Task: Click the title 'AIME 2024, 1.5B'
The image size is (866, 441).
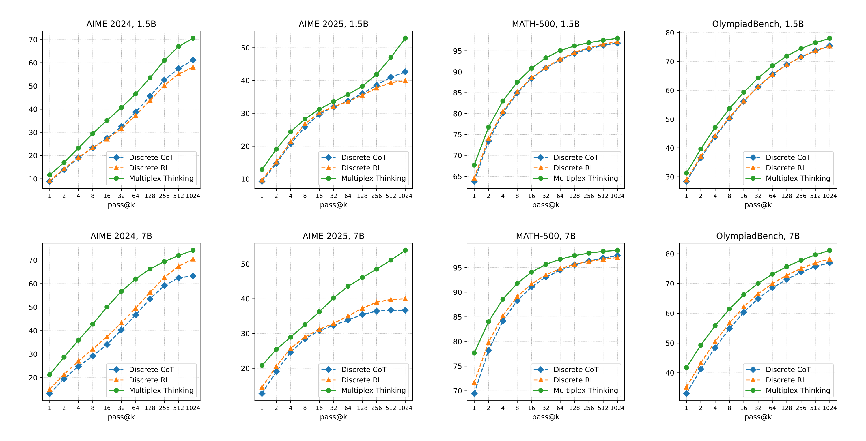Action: coord(121,24)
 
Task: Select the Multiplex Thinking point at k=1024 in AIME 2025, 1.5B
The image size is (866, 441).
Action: coord(405,38)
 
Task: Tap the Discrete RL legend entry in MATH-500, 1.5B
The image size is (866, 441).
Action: coord(573,168)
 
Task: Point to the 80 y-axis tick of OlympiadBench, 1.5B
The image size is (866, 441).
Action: coord(670,33)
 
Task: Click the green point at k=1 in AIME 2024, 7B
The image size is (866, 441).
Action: coord(50,374)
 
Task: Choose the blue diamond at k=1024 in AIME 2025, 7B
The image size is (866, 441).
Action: coord(405,310)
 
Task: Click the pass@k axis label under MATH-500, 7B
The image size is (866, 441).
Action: coord(546,417)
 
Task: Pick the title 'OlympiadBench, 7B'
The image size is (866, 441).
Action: coord(758,236)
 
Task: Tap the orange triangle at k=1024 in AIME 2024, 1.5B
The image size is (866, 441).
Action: coord(193,67)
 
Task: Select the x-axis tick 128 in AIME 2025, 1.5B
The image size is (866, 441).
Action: coord(362,196)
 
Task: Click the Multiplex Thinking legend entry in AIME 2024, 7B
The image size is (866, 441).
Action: coord(161,390)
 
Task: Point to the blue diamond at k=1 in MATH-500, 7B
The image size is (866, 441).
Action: coord(474,393)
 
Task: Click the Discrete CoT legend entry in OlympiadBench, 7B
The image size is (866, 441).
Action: coord(788,369)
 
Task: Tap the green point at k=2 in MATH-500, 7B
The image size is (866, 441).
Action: coord(488,322)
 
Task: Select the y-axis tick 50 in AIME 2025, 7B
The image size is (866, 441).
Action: coord(245,264)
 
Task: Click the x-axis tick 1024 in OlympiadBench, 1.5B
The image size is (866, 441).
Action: coord(829,196)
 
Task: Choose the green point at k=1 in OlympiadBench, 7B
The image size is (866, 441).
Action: coord(686,367)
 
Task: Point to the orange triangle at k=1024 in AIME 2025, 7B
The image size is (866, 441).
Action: coord(405,299)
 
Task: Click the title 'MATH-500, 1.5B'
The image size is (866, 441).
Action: coord(546,24)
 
